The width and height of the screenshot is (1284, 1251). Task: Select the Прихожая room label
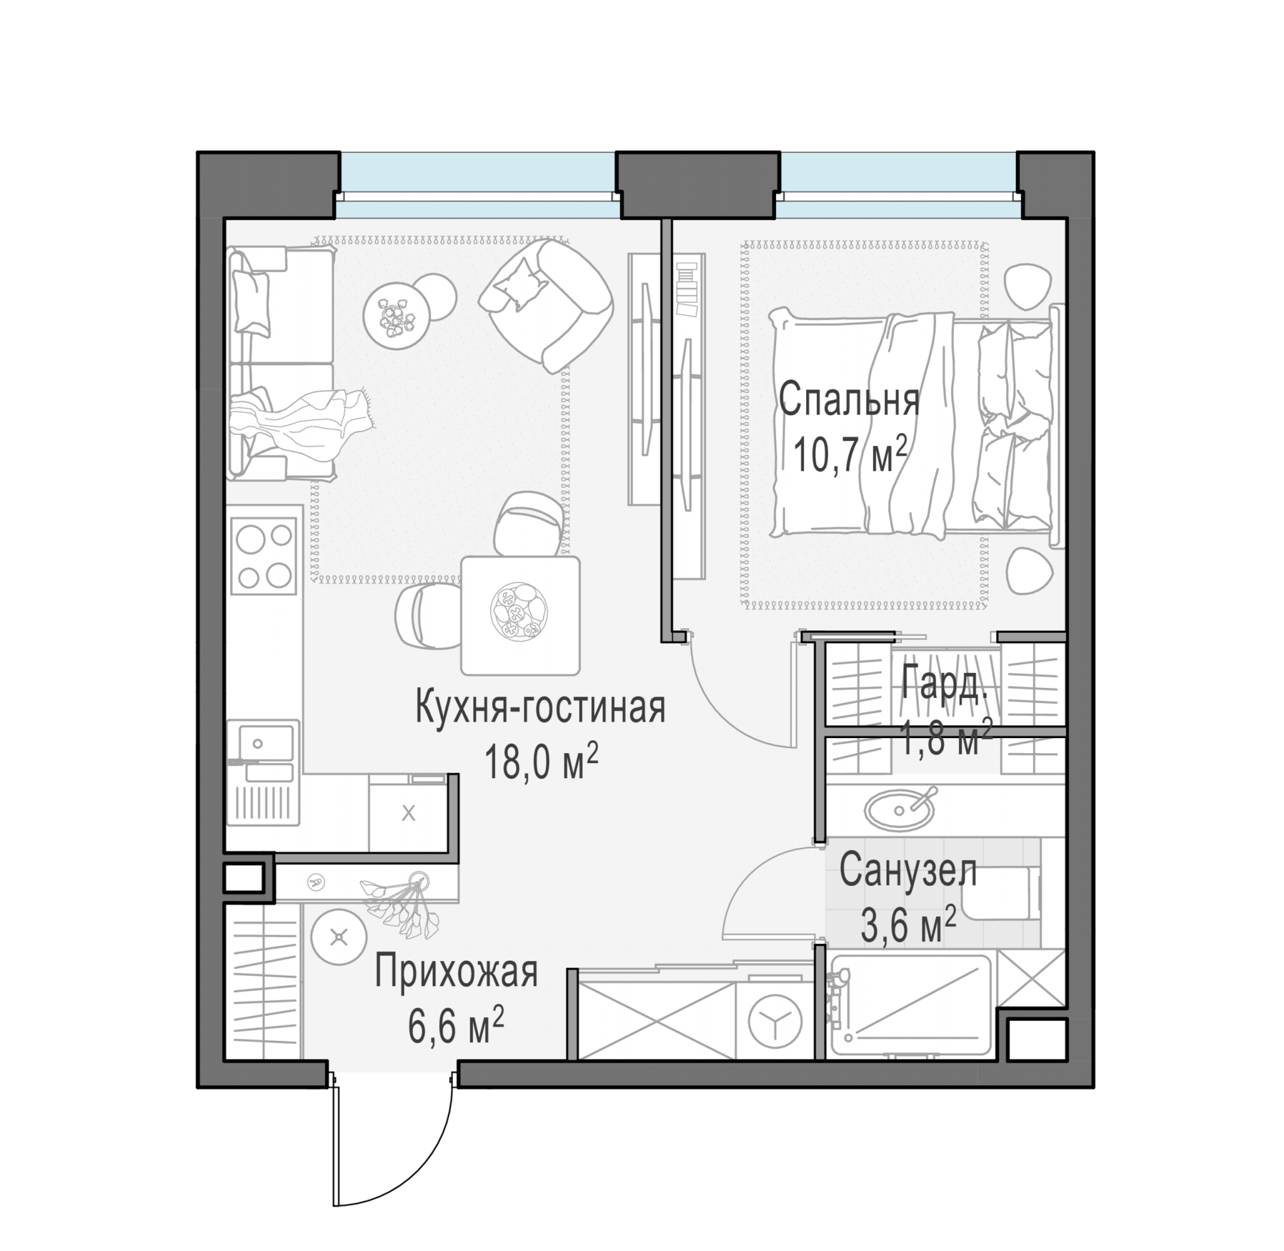(x=456, y=972)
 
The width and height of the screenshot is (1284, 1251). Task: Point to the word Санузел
(x=907, y=871)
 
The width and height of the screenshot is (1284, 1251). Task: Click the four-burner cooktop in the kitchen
(x=263, y=556)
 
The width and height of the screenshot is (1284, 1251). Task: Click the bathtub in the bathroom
(x=910, y=1005)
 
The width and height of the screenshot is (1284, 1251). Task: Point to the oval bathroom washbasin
(x=899, y=809)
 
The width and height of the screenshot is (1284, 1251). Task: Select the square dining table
(x=520, y=615)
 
